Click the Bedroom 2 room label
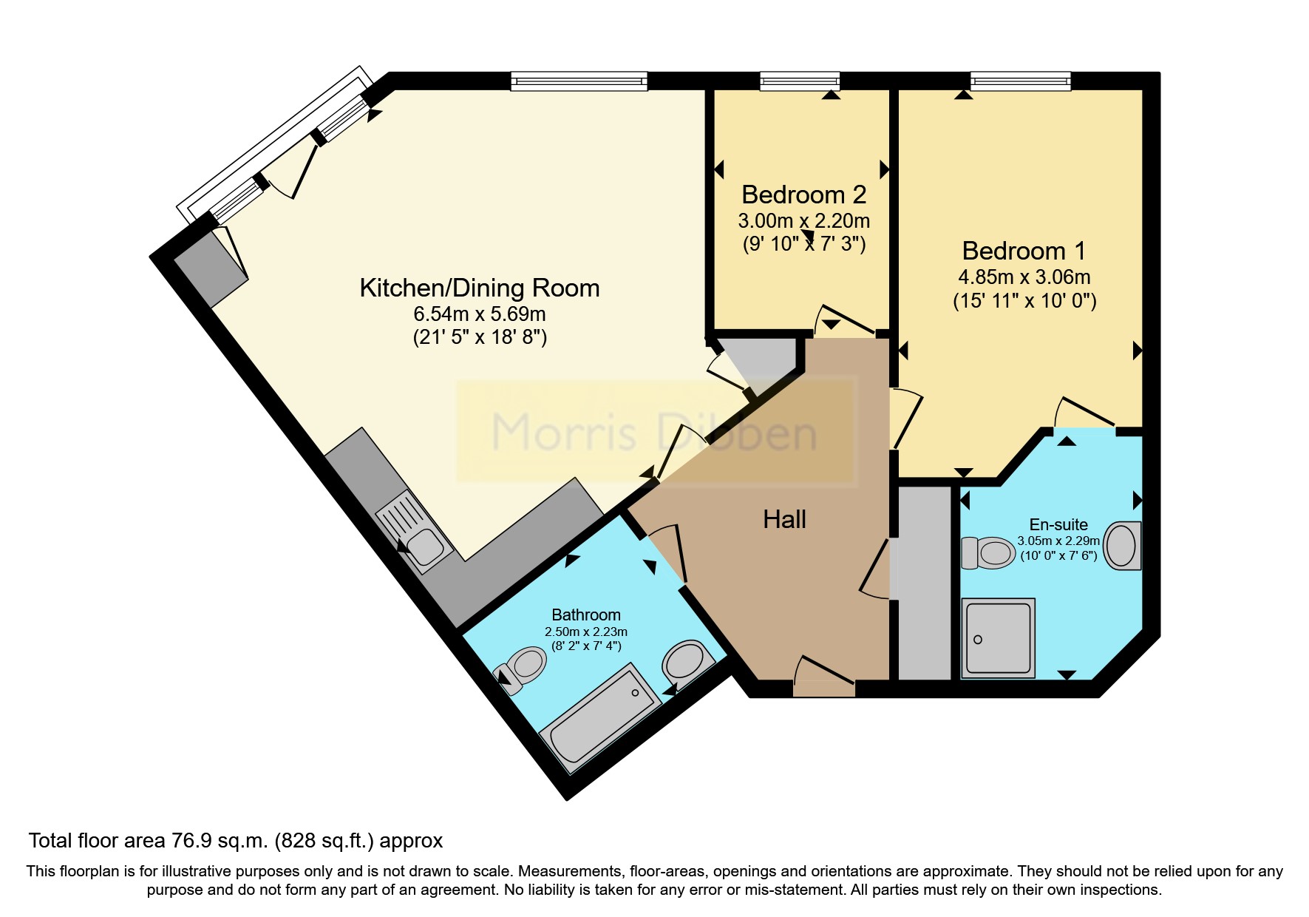[x=803, y=194]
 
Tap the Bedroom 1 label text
[x=1024, y=251]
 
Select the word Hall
[x=784, y=519]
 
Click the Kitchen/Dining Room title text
[x=479, y=288]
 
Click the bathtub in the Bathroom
[x=600, y=717]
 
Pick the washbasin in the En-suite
[x=1122, y=546]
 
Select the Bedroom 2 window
[x=800, y=81]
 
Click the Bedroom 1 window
[x=1020, y=81]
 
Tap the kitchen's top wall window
[x=579, y=81]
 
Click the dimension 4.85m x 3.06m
[x=1024, y=277]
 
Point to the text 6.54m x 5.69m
[x=479, y=314]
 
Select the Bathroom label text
[x=586, y=615]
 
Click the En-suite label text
[x=1058, y=524]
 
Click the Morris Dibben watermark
[x=654, y=432]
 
